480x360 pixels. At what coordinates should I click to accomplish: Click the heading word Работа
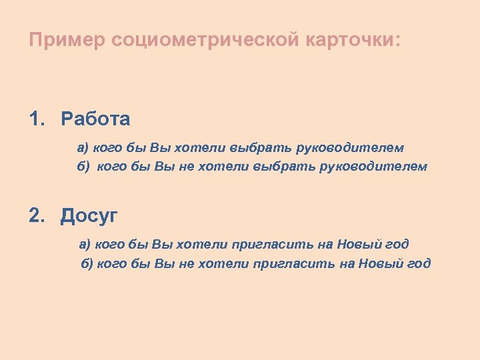95,119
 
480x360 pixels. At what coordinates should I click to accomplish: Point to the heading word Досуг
89,215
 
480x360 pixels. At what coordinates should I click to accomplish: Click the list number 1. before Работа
37,119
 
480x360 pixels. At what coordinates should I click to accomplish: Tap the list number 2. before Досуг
37,215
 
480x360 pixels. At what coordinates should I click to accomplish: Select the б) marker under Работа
83,166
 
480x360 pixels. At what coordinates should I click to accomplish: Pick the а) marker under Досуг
85,244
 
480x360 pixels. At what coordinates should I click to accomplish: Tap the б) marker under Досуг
87,263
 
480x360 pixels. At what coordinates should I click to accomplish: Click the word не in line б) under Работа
185,166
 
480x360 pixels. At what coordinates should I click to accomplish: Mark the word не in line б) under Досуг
185,263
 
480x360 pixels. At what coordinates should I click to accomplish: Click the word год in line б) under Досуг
417,263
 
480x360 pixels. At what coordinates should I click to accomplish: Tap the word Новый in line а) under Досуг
361,244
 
